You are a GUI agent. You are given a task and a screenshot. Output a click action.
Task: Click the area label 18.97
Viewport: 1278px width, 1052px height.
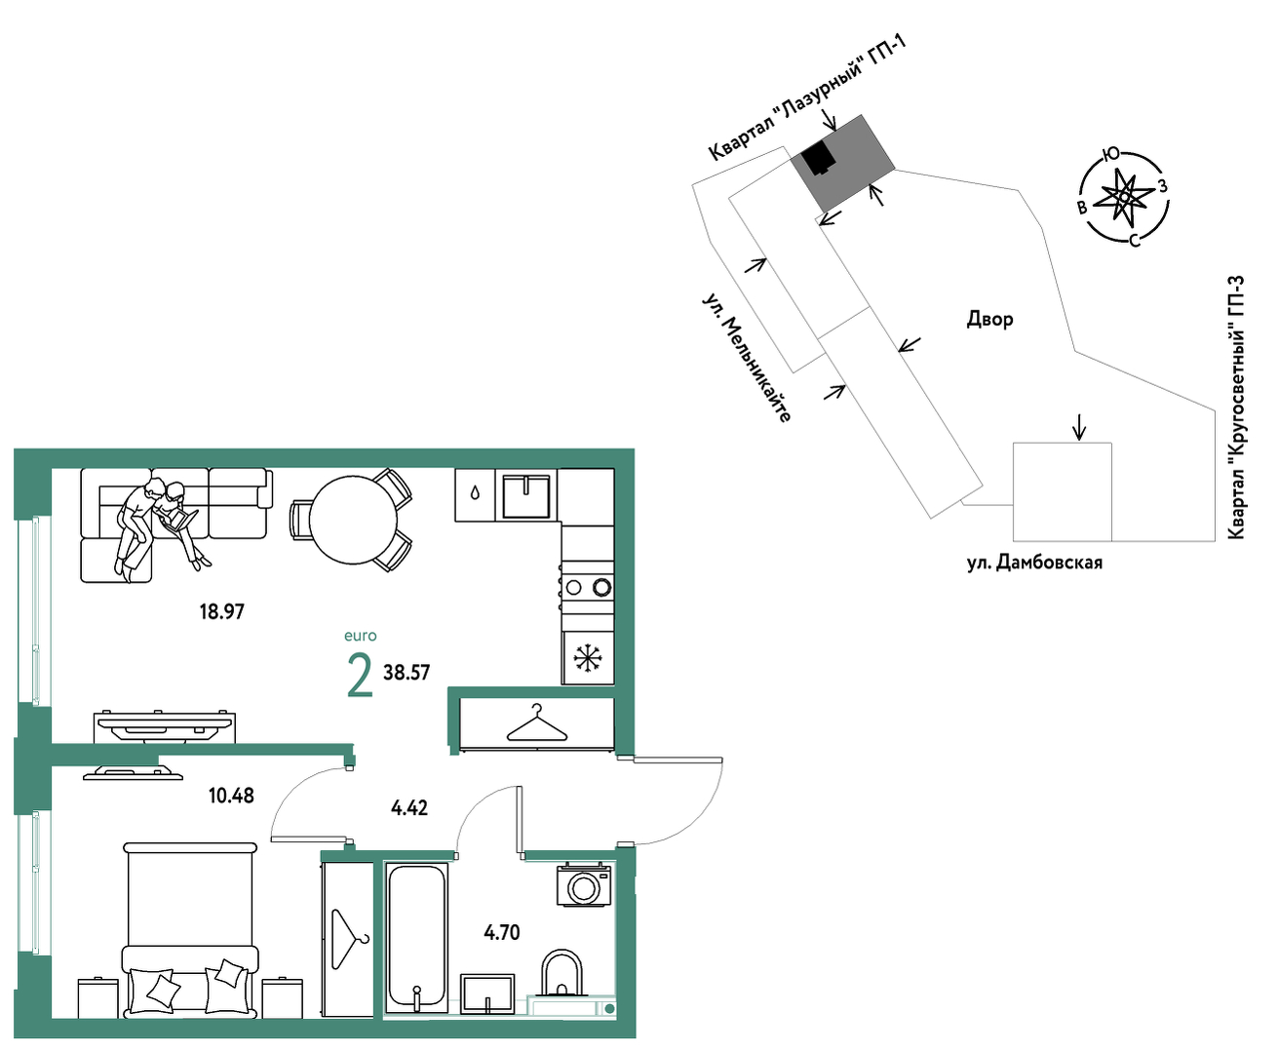[222, 612]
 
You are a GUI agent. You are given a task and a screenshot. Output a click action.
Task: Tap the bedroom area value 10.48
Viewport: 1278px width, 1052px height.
[231, 796]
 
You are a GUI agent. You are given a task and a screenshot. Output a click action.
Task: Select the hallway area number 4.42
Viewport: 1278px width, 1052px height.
[409, 808]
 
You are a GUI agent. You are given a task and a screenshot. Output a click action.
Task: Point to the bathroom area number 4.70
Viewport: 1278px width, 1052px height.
[502, 933]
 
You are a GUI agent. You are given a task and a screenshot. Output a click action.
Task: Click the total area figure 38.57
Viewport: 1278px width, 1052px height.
[407, 673]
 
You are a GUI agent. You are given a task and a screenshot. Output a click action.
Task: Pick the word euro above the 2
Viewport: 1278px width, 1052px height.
[361, 637]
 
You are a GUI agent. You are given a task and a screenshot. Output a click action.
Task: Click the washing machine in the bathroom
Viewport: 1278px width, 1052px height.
[584, 885]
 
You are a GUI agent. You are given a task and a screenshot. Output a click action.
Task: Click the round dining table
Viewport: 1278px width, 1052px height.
[353, 520]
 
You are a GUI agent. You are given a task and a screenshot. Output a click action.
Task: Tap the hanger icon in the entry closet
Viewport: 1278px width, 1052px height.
[536, 723]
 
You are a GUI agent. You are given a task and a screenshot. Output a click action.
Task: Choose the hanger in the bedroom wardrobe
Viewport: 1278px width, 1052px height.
[348, 941]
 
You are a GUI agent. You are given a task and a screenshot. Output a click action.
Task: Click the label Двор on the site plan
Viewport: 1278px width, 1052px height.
[989, 320]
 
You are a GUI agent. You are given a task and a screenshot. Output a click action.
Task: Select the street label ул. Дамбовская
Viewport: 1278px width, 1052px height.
[1034, 563]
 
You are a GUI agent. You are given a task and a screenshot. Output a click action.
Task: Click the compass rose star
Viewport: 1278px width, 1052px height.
[1124, 196]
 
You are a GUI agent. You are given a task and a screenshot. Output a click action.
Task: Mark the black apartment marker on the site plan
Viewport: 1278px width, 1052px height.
[819, 159]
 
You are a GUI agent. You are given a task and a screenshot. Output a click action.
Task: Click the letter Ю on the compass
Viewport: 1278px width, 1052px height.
[1110, 154]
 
